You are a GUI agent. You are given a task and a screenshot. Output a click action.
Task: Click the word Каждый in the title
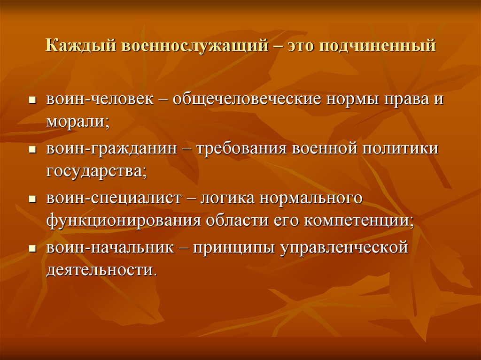81,47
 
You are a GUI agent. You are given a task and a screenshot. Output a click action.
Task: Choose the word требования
242,149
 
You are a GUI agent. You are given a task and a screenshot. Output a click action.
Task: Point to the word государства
96,170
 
